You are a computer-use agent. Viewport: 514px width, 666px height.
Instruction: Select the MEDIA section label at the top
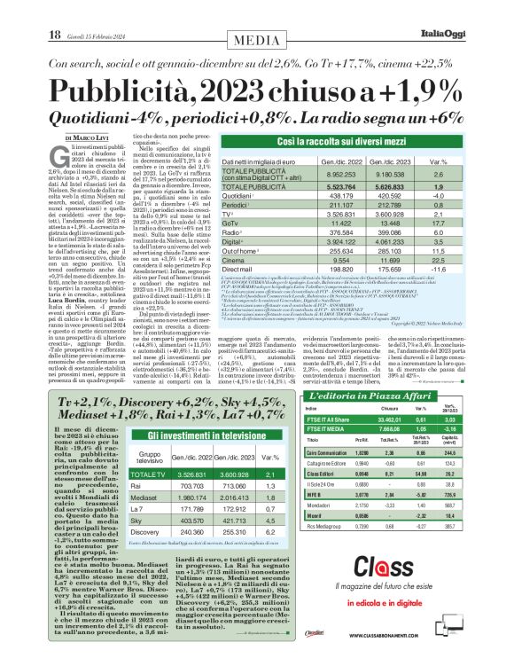point(257,16)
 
